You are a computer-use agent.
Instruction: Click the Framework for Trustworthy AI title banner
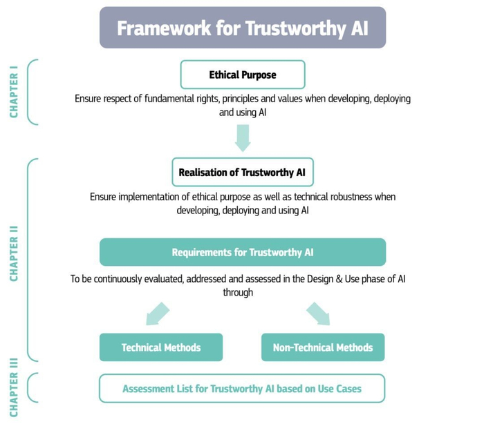pos(243,28)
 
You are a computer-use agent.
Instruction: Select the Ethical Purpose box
pos(243,75)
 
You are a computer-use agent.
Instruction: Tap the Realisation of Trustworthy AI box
pos(243,172)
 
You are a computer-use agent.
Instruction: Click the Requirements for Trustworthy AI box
pos(243,252)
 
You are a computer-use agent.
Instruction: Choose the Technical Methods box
pos(161,347)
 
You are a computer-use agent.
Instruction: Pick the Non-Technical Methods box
pos(323,347)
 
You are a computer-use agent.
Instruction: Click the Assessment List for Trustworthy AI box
pos(242,389)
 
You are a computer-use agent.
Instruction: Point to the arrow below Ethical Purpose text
pos(243,138)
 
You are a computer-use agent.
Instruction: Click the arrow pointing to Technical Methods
pos(158,314)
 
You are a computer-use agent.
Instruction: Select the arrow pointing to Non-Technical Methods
pos(318,314)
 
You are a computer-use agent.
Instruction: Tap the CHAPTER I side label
pos(14,92)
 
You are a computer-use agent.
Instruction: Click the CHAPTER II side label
pos(14,253)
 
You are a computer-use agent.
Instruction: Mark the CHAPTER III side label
pos(14,387)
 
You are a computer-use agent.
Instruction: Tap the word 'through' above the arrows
pos(238,292)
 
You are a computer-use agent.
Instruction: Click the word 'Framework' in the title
pos(164,28)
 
